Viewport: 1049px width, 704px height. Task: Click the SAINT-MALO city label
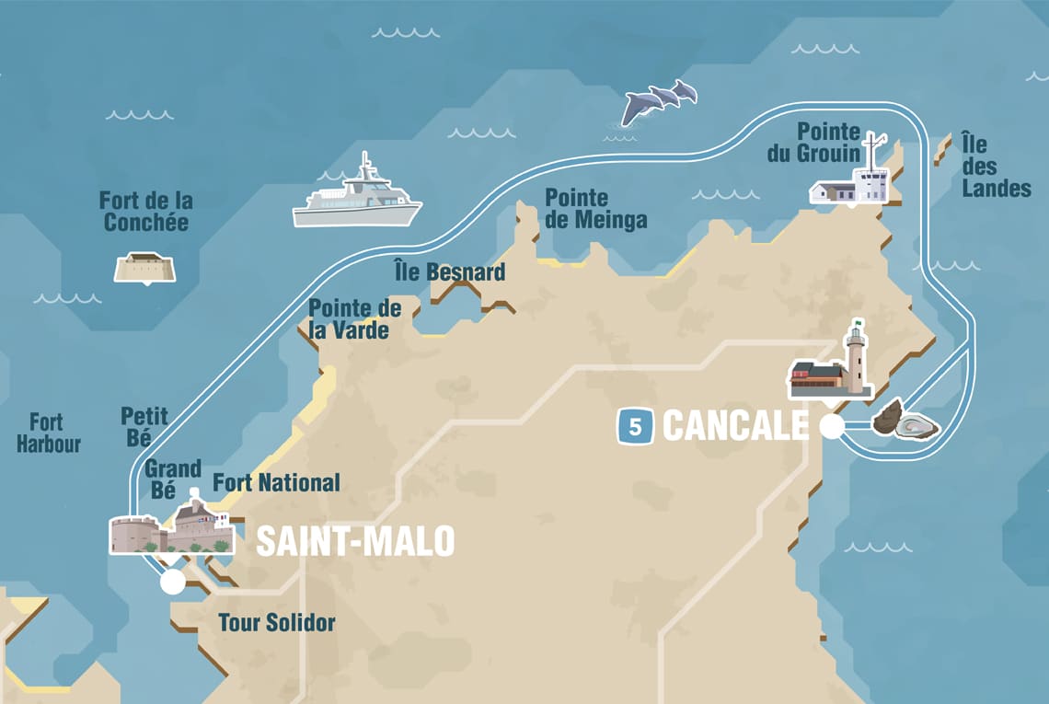[354, 541]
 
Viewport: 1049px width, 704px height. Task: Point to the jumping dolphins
[658, 102]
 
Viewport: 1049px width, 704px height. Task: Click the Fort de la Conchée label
[146, 212]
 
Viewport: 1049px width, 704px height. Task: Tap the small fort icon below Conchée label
[144, 267]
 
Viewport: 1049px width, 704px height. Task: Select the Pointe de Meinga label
[595, 209]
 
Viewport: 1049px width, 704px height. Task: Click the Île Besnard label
[449, 272]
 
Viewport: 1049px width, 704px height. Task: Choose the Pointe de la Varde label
[354, 319]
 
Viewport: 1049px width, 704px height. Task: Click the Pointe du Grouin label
[814, 143]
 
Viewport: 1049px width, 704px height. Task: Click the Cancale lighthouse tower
[857, 359]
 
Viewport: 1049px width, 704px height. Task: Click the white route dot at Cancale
[831, 427]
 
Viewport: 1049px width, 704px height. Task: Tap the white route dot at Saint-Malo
[172, 582]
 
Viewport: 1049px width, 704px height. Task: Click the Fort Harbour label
[48, 433]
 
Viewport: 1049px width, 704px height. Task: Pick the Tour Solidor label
[276, 623]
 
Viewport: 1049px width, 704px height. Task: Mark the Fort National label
[276, 482]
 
